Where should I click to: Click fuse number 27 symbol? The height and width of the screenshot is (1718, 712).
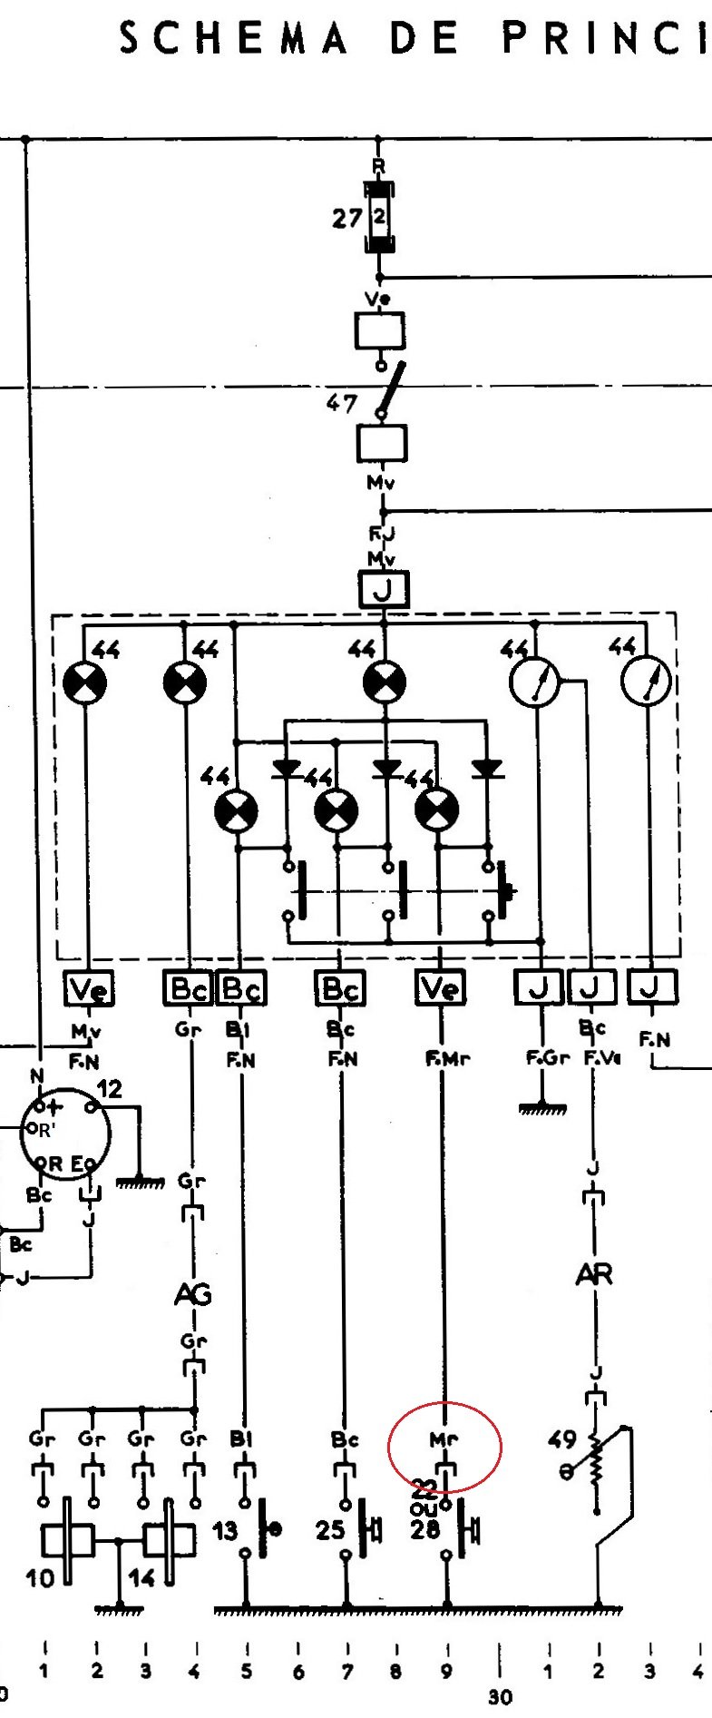pos(379,218)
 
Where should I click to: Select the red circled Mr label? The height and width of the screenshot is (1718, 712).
pos(444,1438)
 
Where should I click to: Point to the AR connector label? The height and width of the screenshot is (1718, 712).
pos(594,1274)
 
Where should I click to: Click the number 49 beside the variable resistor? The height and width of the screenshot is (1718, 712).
pos(562,1438)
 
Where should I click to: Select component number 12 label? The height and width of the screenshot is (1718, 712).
pos(109,1088)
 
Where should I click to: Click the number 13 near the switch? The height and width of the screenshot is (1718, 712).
pos(225,1530)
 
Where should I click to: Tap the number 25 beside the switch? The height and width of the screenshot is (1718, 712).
pos(329,1530)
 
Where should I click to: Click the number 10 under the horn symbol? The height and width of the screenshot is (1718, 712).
pos(40,1578)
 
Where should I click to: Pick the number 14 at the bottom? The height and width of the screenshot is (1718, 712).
pos(141,1578)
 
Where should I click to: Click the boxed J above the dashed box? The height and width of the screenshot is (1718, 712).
pos(383,590)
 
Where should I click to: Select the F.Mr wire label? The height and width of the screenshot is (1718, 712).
pos(447,1058)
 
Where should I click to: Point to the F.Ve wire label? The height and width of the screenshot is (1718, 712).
pos(602,1058)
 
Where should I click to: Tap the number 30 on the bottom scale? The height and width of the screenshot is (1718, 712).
pos(500,1696)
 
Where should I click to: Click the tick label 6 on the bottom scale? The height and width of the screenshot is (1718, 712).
pos(298,1672)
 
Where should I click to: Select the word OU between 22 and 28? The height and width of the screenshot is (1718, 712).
pos(424,1507)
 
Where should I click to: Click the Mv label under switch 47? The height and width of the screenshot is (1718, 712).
pos(381,483)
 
